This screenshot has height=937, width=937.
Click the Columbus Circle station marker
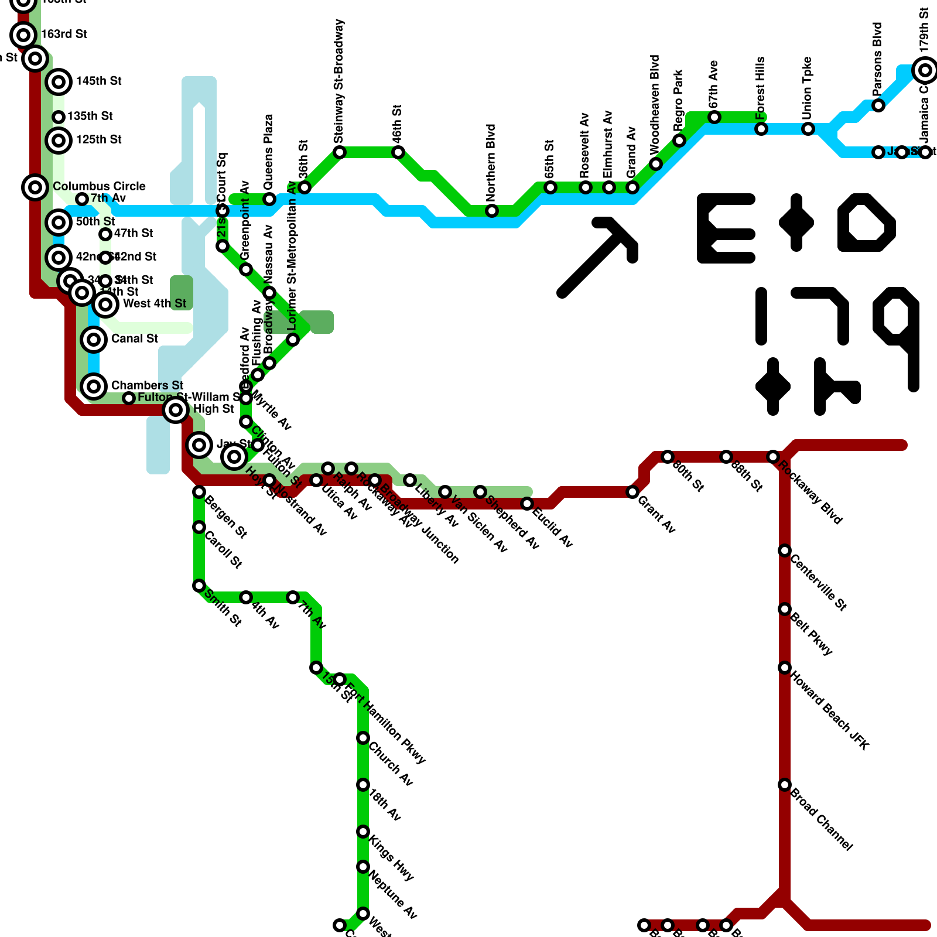point(35,187)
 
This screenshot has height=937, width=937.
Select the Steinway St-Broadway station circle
point(340,152)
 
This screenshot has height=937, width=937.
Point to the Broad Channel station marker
point(785,785)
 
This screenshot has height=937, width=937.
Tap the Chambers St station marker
point(94,386)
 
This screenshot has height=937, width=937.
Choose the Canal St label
point(135,338)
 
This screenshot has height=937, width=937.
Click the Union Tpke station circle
point(808,129)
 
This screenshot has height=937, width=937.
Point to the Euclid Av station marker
point(527,504)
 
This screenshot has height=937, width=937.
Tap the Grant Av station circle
point(632,492)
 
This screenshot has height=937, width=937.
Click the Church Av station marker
point(363,738)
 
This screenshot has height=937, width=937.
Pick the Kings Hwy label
point(391,859)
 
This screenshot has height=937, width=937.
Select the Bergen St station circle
point(199,492)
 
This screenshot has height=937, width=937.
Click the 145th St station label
point(99,81)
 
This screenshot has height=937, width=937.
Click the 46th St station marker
point(398,152)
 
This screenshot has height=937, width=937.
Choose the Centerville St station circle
point(785,550)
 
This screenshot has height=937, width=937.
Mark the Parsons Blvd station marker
point(878,105)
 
